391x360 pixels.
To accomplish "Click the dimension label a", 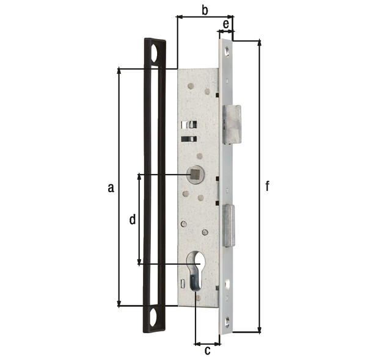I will tap(110, 188).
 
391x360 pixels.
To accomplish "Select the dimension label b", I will tap(205, 10).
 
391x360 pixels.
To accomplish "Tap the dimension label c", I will tap(207, 350).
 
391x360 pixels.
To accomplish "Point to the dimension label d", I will tap(132, 220).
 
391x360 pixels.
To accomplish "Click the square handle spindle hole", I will tap(195, 175).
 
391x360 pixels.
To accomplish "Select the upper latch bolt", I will tap(232, 124).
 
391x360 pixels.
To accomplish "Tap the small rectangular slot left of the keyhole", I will tap(183, 283).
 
